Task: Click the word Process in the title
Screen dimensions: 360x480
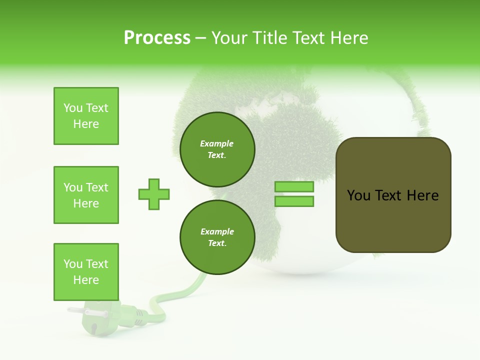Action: pyautogui.click(x=157, y=38)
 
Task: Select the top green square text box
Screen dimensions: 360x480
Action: pyautogui.click(x=86, y=116)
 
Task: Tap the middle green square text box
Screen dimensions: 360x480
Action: pyautogui.click(x=86, y=195)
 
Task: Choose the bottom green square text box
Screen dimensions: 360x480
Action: pyautogui.click(x=86, y=272)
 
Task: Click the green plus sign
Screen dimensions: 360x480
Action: pyautogui.click(x=154, y=194)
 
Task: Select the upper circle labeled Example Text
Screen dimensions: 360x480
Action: pyautogui.click(x=217, y=149)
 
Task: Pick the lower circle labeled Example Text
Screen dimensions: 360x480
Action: pyautogui.click(x=217, y=237)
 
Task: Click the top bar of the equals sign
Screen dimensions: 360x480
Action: pyautogui.click(x=294, y=187)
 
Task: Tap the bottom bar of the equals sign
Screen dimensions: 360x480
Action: pyautogui.click(x=294, y=201)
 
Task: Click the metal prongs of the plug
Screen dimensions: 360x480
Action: pyautogui.click(x=75, y=311)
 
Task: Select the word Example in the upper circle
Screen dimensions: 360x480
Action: pyautogui.click(x=217, y=143)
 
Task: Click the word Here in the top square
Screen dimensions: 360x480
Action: pyautogui.click(x=86, y=124)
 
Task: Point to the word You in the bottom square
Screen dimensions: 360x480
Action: pyautogui.click(x=73, y=264)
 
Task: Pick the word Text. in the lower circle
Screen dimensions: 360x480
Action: pyautogui.click(x=217, y=243)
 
